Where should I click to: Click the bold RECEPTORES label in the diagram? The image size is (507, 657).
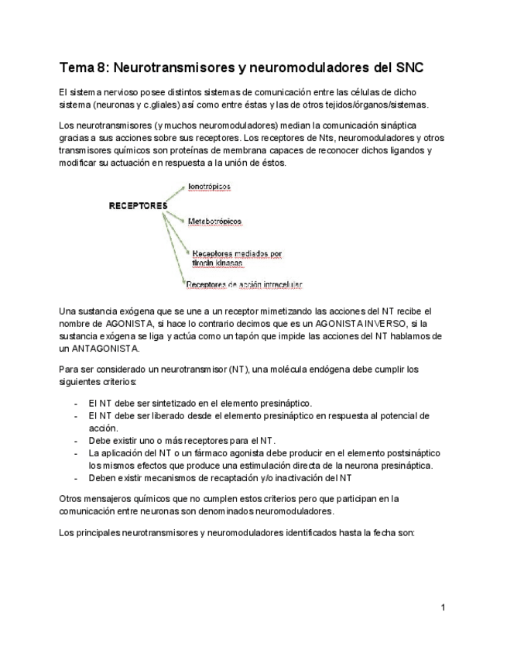(x=138, y=206)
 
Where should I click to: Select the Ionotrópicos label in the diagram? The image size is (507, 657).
(x=209, y=187)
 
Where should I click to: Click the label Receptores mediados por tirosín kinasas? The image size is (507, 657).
(x=237, y=258)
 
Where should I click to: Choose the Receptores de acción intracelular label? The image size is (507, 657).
(x=244, y=284)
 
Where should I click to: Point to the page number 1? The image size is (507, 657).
(x=443, y=607)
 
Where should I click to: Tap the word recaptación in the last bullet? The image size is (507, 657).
(x=219, y=478)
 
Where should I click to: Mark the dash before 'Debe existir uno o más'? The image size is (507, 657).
(x=75, y=441)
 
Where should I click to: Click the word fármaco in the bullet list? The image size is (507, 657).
(x=196, y=453)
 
